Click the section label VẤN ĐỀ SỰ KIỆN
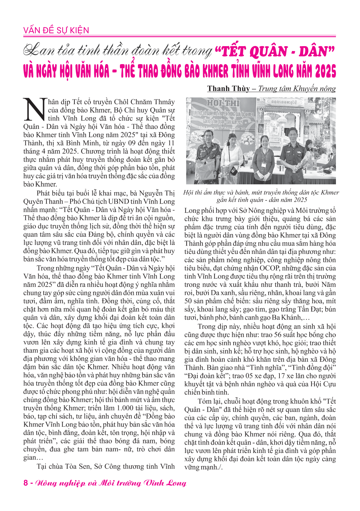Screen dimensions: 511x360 (56, 30)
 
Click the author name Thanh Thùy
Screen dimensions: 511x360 (228, 88)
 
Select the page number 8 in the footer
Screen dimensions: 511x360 (26, 483)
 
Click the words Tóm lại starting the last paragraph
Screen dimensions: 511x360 (209, 401)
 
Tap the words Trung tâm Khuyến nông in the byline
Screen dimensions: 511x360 (297, 88)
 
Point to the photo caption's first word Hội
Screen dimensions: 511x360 (189, 193)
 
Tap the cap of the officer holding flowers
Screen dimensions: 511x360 (293, 130)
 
